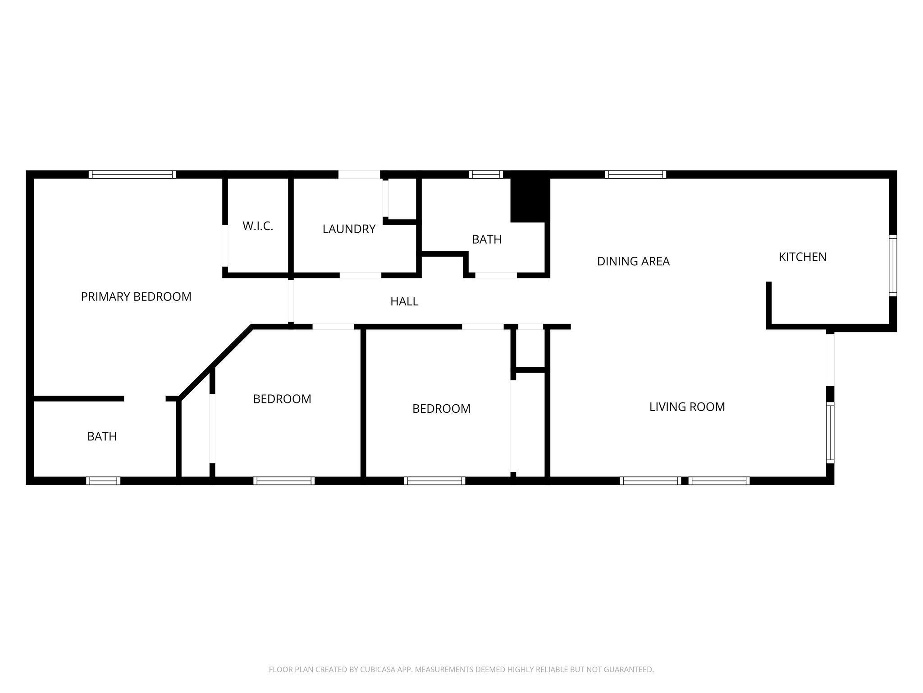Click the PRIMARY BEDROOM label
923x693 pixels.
point(136,297)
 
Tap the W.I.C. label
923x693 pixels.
point(258,226)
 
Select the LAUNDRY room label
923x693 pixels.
point(349,229)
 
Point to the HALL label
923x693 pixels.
point(404,301)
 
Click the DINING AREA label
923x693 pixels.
point(633,261)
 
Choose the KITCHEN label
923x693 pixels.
point(803,257)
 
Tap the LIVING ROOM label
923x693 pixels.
point(687,407)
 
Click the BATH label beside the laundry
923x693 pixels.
point(487,240)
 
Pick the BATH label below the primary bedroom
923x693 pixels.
point(102,437)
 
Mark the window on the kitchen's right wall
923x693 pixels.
point(892,266)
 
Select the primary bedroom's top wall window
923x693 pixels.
point(132,175)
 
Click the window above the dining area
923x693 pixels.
point(635,175)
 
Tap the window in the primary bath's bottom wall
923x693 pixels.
point(103,481)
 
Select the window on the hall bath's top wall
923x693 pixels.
point(485,175)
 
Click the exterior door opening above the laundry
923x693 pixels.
point(359,175)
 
